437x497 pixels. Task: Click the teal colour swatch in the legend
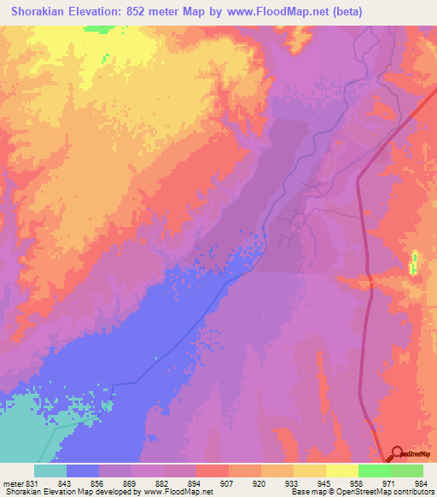[50, 471]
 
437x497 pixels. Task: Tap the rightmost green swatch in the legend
[407, 471]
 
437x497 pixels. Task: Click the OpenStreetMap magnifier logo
[398, 453]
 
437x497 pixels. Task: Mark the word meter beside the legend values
[15, 482]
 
